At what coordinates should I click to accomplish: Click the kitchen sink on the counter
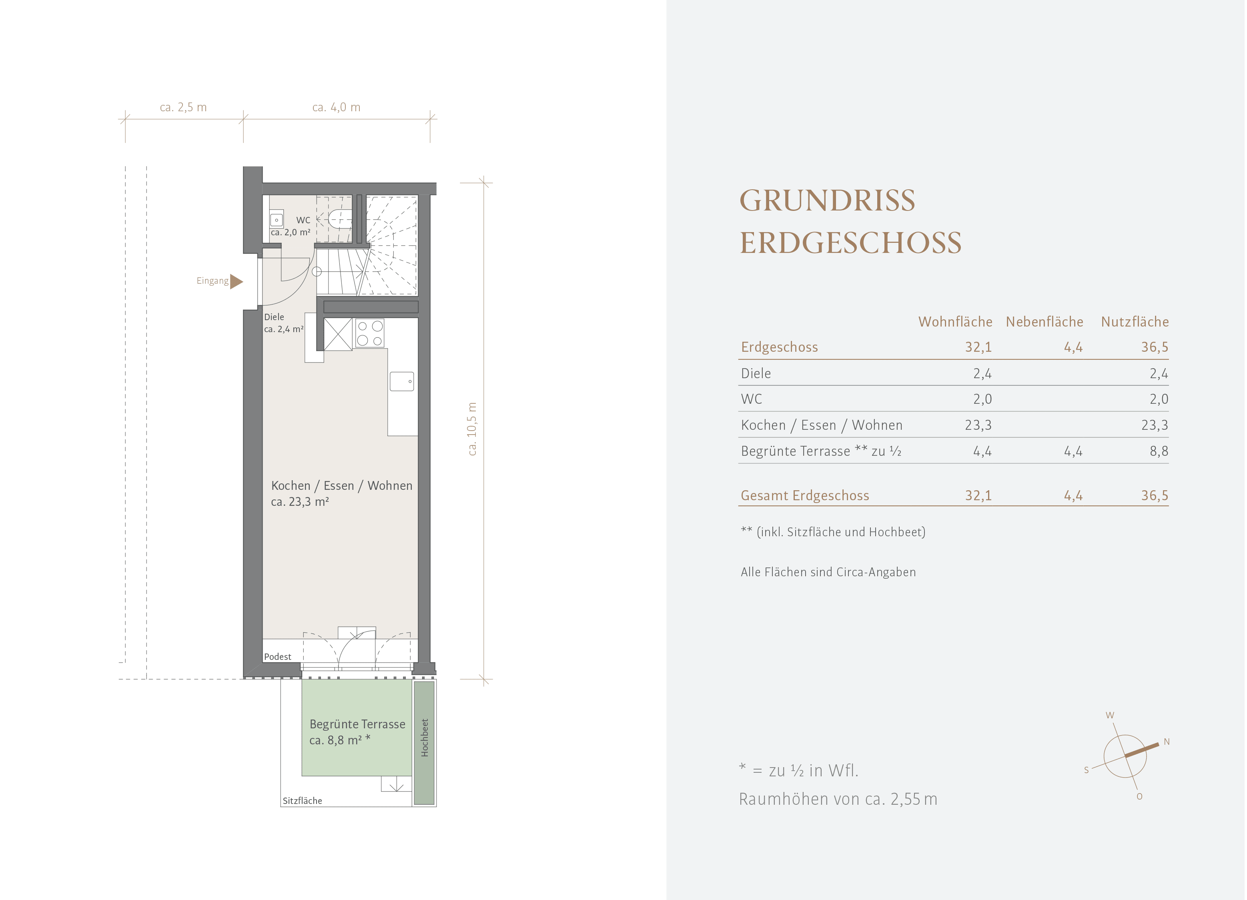click(402, 381)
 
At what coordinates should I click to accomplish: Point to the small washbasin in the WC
click(277, 219)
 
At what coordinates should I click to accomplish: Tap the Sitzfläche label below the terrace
click(303, 800)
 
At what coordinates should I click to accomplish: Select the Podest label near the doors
click(278, 656)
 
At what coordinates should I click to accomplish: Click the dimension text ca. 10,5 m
click(472, 429)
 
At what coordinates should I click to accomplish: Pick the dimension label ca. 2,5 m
click(183, 107)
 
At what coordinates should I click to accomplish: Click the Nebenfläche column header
click(1045, 322)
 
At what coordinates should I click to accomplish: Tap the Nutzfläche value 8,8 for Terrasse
click(1159, 451)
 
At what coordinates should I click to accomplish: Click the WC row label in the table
click(752, 399)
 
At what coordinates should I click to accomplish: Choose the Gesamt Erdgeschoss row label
click(805, 495)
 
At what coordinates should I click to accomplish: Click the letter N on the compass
click(1167, 742)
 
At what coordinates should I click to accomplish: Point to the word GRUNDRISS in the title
click(828, 200)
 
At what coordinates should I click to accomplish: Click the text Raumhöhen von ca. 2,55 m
click(838, 799)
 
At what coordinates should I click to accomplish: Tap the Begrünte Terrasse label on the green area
click(357, 724)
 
